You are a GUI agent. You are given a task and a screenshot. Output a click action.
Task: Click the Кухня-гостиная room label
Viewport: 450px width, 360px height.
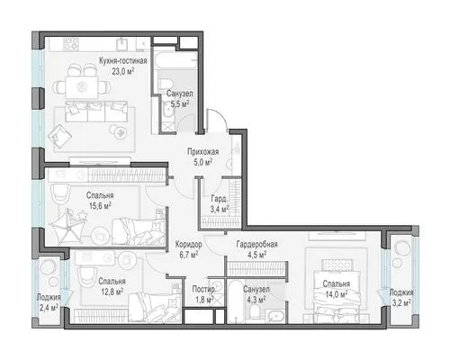point(123,61)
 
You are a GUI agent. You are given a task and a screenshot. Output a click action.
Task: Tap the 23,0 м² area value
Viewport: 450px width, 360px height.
point(123,72)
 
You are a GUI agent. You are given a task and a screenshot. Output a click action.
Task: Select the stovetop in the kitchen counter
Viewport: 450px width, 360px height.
point(72,44)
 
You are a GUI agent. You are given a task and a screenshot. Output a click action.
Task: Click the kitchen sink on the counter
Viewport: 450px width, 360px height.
point(122,44)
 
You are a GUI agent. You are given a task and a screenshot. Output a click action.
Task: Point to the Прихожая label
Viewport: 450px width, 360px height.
point(203,151)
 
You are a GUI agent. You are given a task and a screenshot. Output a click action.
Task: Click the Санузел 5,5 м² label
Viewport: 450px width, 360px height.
point(180,99)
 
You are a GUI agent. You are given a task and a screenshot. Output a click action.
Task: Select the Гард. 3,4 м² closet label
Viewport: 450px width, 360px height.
point(220,204)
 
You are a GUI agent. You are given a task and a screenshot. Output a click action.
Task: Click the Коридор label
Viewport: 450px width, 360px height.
point(189,244)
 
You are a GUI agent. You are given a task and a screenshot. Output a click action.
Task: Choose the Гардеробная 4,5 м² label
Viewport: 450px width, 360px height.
point(256,249)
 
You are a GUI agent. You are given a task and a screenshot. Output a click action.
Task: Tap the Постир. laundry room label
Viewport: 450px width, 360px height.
point(203,289)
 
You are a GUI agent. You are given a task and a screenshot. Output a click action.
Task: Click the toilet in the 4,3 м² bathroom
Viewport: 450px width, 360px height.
point(255,310)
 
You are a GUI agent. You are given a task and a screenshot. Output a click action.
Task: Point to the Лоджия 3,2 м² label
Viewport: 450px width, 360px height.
point(401,298)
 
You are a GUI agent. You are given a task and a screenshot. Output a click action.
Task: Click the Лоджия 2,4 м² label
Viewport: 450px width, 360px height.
point(49,302)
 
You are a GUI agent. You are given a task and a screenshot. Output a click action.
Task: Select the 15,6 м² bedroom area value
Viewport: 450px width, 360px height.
point(100,206)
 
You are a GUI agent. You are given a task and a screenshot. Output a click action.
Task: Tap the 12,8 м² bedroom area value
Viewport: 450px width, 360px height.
point(111,292)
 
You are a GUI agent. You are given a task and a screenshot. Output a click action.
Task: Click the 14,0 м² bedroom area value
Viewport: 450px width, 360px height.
point(337,294)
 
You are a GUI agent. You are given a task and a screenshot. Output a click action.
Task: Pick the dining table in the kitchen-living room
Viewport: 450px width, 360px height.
point(82,87)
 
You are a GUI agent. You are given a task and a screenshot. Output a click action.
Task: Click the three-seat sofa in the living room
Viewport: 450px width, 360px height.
point(96,112)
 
